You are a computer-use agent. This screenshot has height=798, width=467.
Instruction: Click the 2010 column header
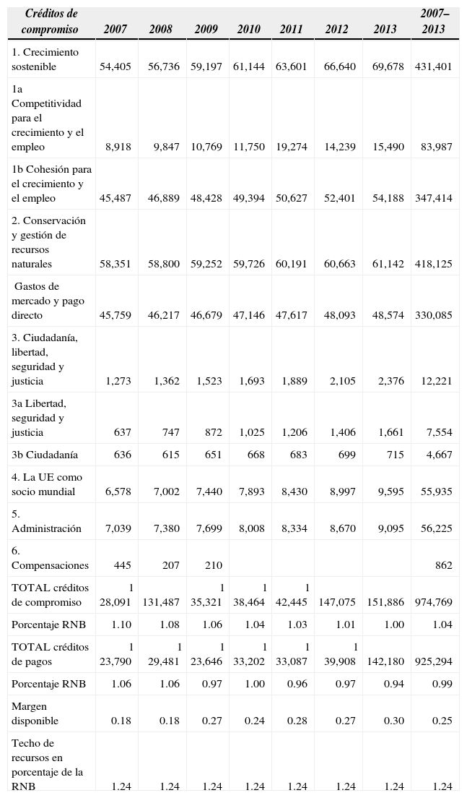(249, 30)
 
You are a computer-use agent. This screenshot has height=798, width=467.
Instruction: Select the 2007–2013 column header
(434, 22)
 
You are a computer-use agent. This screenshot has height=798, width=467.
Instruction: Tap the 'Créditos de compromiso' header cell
(50, 22)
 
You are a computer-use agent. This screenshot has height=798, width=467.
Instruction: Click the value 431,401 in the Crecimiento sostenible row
(434, 66)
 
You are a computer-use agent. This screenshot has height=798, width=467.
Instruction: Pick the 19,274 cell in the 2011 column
(292, 147)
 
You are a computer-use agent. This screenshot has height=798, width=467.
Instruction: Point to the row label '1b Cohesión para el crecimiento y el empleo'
(51, 184)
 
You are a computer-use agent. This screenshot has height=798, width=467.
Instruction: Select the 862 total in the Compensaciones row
(444, 565)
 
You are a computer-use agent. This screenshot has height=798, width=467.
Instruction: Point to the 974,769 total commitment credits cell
(434, 602)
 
